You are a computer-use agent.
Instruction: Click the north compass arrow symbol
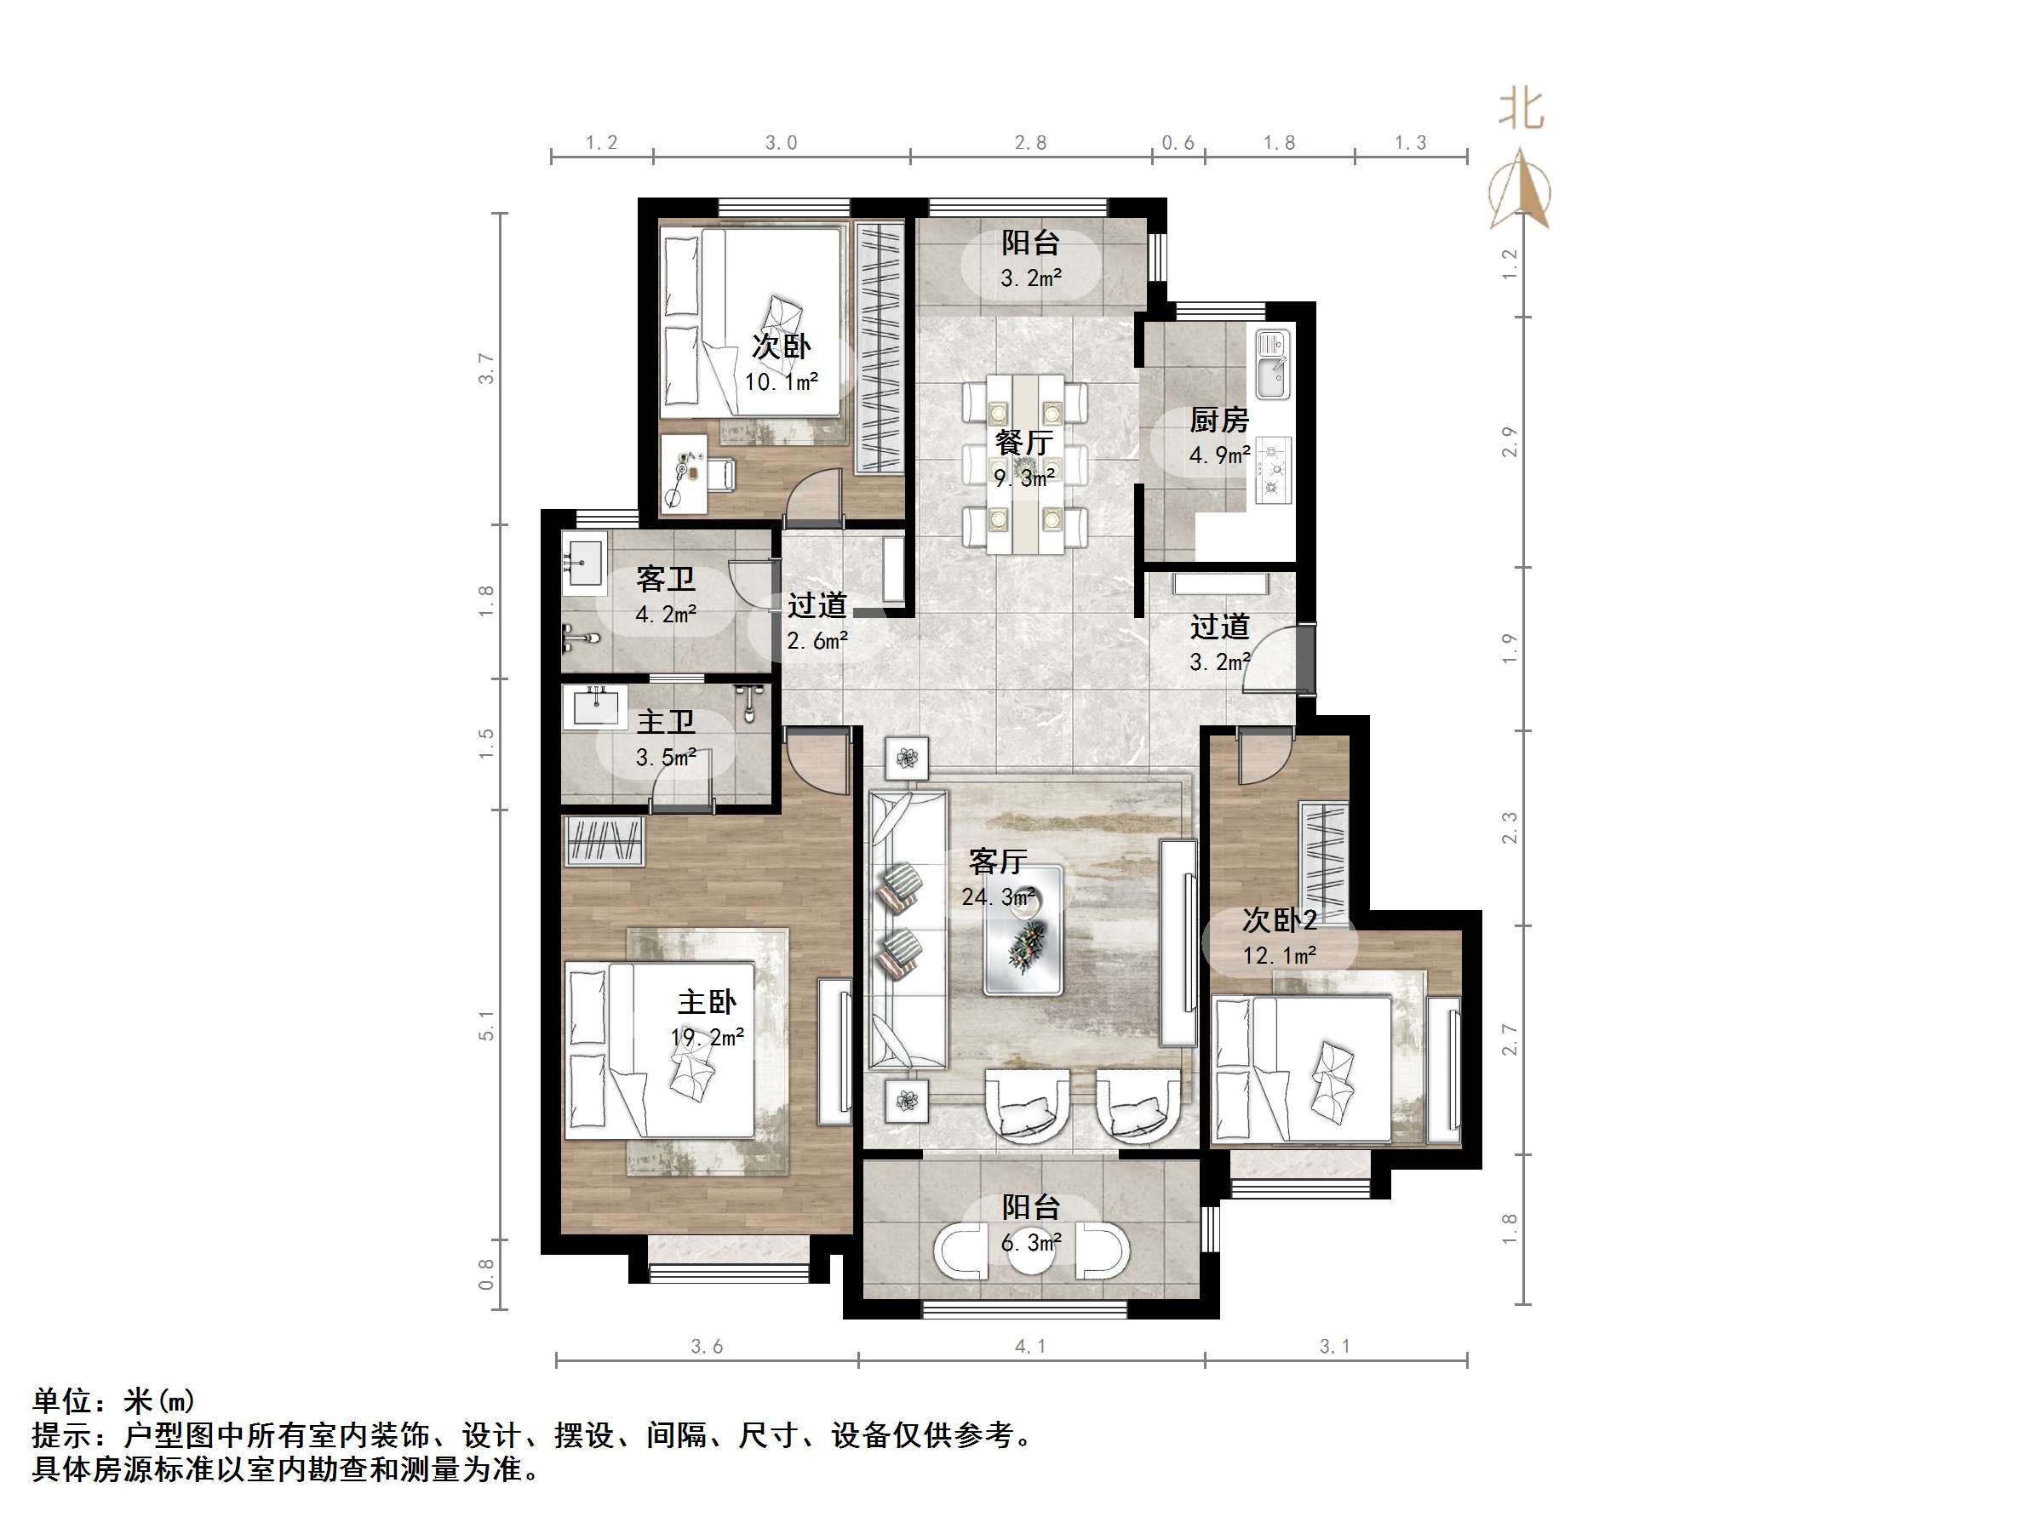pos(1519,190)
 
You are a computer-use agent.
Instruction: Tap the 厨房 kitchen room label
pos(1218,421)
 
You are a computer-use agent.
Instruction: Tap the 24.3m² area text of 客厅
pos(998,897)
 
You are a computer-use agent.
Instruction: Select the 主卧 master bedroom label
pos(706,1002)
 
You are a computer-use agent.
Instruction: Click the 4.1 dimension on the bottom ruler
pos(1029,1346)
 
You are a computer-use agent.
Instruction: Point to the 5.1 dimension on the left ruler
pos(486,1025)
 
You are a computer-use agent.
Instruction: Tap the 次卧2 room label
pos(1279,920)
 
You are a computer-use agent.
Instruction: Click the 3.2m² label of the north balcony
pos(1031,278)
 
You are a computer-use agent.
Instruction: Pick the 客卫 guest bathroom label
pos(665,579)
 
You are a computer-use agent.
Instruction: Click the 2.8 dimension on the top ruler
pos(1029,143)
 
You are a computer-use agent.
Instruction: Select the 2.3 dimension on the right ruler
pos(1509,828)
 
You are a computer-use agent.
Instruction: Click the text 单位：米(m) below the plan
pos(113,1401)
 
